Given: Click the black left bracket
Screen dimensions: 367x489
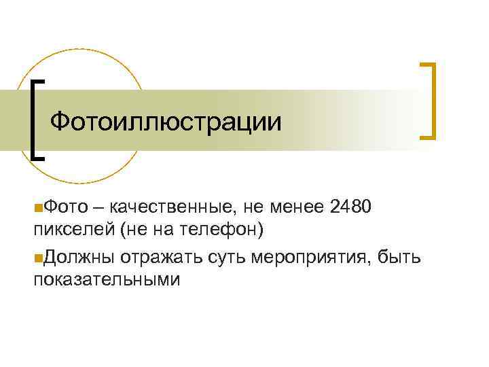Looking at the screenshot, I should pos(36,119).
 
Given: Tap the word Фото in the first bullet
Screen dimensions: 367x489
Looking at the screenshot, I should pos(63,206).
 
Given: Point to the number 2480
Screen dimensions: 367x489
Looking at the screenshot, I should pos(350,206).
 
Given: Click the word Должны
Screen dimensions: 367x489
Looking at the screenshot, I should pos(77,256).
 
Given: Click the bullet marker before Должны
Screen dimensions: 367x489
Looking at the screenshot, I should pos(37,257).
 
